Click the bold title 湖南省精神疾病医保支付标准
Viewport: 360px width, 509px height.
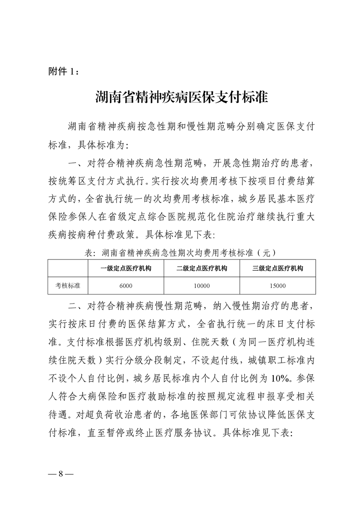tap(180, 98)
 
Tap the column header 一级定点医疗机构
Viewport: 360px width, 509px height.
tap(126, 268)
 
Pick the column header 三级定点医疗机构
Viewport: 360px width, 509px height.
tap(278, 268)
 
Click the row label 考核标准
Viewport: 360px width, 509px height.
tap(68, 285)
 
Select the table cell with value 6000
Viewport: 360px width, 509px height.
tap(126, 285)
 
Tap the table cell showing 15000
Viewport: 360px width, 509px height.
tap(278, 285)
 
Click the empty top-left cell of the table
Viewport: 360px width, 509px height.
tap(68, 268)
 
